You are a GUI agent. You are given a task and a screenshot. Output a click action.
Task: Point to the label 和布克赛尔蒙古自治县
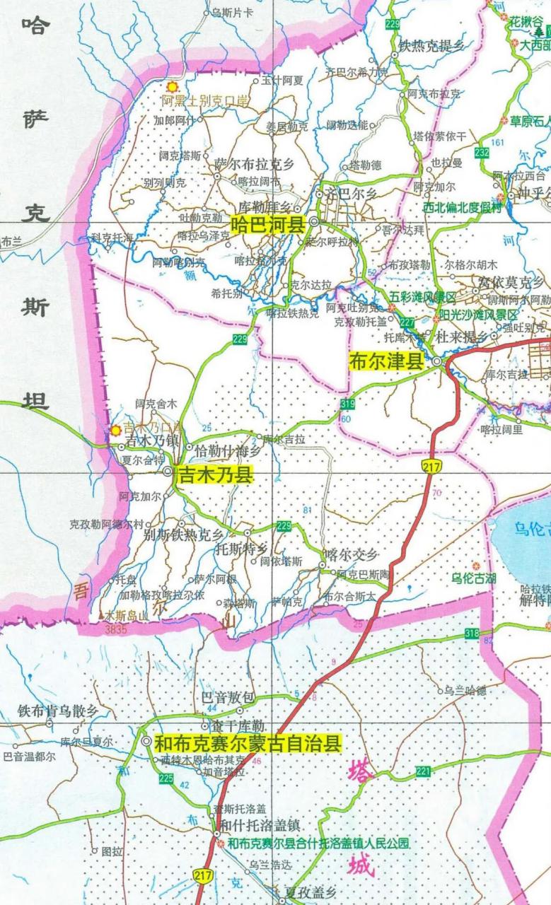click(x=248, y=743)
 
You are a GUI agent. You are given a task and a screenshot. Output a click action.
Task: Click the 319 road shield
click(x=347, y=404)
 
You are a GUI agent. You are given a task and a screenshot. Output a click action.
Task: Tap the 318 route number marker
click(x=472, y=633)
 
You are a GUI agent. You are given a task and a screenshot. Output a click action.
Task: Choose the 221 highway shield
click(x=424, y=771)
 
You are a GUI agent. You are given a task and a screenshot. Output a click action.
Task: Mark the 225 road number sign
click(x=166, y=778)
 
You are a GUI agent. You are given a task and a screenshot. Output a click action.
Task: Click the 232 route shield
click(x=482, y=152)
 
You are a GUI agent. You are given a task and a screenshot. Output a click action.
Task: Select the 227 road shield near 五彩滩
click(x=407, y=322)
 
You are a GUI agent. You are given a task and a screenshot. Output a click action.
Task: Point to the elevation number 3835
click(x=115, y=628)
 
